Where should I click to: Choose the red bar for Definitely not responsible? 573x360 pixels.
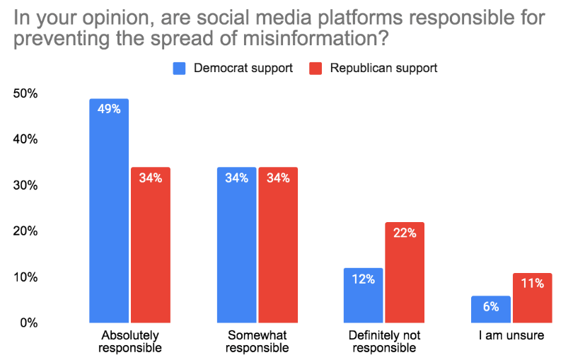point(405,272)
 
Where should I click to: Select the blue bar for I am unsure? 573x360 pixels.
point(490,309)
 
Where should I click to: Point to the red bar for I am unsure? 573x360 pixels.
point(532,298)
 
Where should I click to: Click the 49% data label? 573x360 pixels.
point(109,110)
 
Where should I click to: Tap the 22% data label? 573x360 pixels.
point(405,233)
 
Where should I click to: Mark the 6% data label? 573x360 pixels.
point(491,307)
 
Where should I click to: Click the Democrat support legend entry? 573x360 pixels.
point(234,68)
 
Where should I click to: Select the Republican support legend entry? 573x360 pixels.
point(374,68)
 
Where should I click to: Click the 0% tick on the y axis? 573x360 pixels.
point(29,323)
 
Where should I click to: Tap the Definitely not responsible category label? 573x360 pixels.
point(383,341)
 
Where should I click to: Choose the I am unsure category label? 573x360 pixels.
point(511,335)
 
